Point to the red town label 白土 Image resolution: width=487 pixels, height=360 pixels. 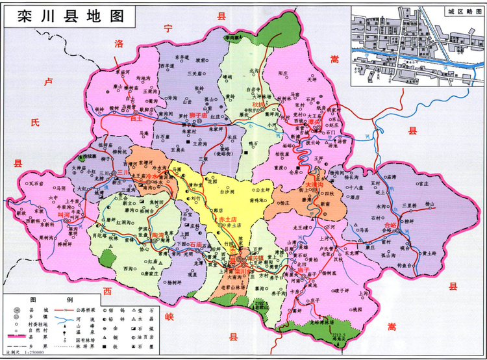tap(136, 119)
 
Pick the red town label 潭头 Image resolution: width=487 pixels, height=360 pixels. tap(316, 122)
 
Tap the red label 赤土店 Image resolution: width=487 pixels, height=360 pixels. tap(227, 218)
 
